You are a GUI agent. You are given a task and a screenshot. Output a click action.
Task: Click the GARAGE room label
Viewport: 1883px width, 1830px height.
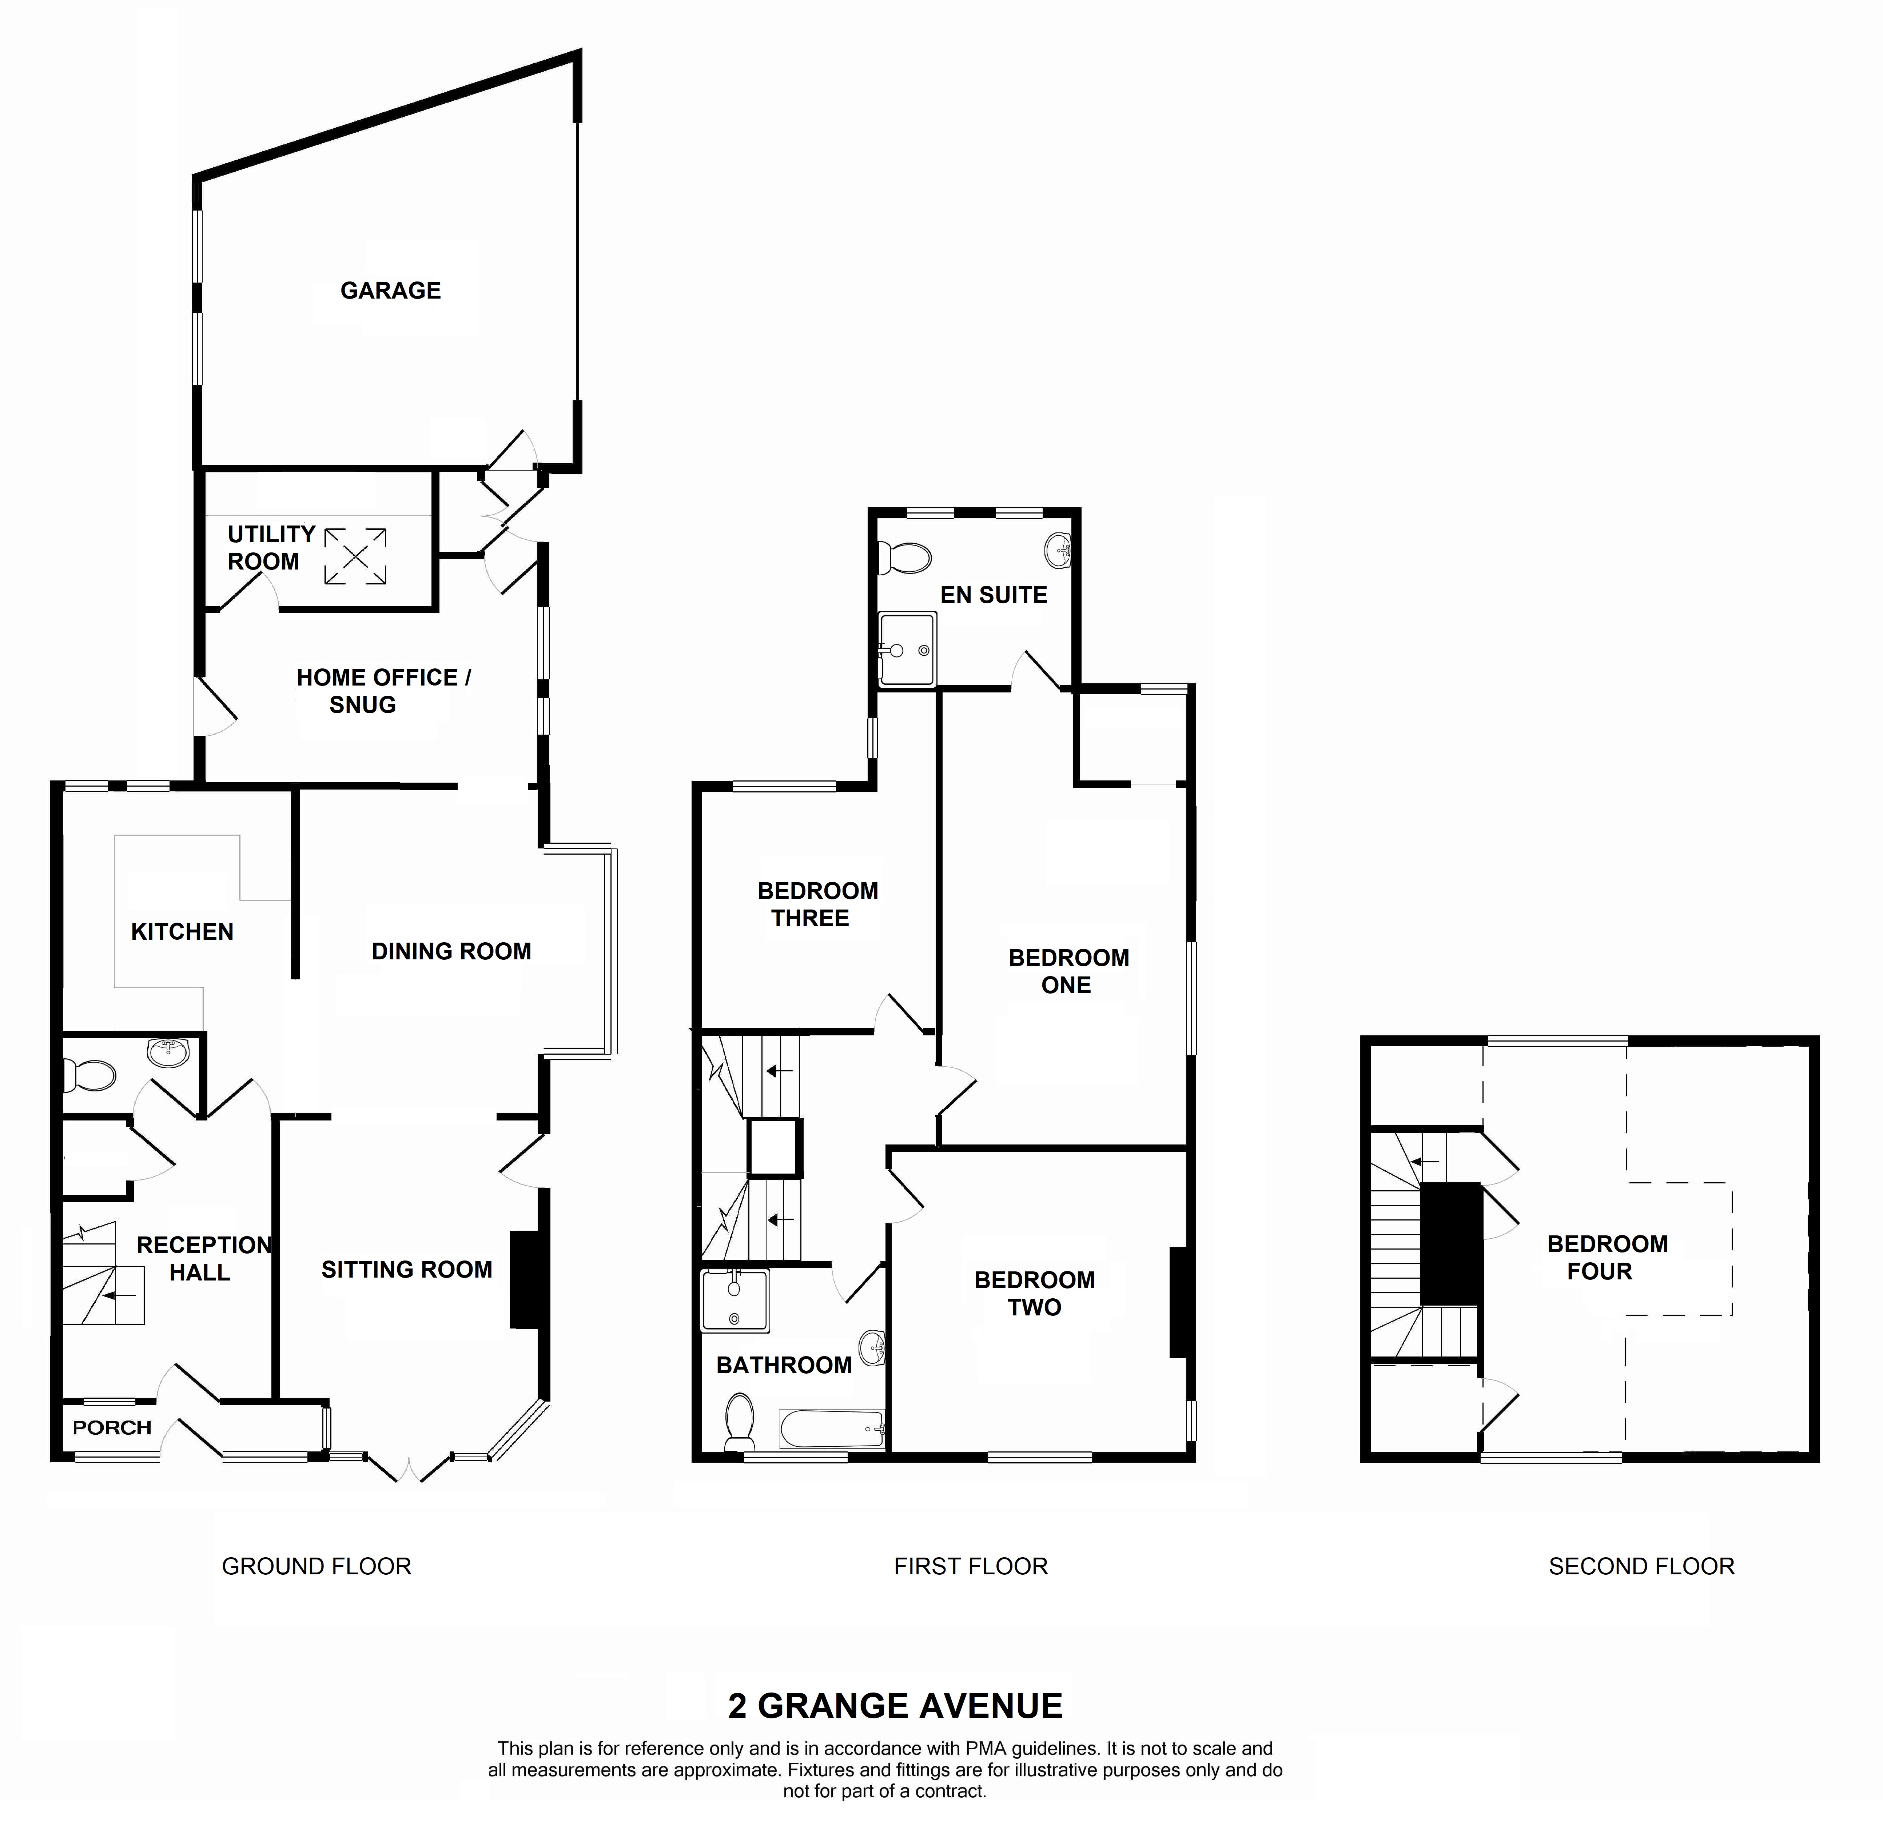tap(390, 290)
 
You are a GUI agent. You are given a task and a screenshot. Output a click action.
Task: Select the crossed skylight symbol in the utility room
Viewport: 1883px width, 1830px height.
tap(356, 556)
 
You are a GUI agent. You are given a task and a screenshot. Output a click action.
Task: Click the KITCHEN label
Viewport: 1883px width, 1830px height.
tap(182, 931)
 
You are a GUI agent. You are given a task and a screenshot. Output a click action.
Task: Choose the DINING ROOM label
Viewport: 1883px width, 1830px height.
tap(451, 951)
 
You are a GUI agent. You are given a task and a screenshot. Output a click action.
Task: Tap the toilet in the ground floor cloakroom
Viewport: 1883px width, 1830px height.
tap(88, 1075)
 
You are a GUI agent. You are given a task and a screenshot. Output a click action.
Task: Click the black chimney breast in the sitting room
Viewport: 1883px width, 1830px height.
tap(524, 1280)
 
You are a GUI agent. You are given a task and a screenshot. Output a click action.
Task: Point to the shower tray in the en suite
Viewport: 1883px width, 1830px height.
tap(907, 650)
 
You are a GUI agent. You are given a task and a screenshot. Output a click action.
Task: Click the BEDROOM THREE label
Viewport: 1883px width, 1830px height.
tap(817, 904)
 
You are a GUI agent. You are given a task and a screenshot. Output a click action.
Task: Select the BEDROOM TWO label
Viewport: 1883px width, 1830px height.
tap(1034, 1294)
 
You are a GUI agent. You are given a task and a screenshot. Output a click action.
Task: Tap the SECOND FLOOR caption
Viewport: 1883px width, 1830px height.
tap(1641, 1567)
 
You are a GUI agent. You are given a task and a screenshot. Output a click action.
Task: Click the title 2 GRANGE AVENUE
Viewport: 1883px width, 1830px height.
tap(895, 1706)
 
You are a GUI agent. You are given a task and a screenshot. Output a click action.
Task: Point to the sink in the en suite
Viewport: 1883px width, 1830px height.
tap(1057, 550)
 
